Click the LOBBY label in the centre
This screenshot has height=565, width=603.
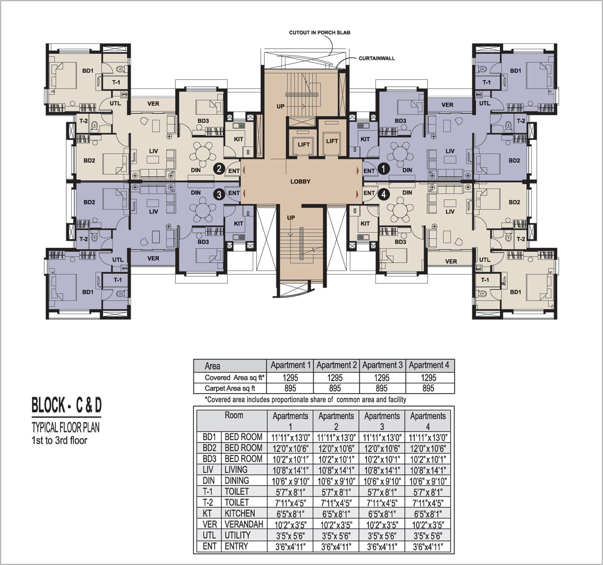[x=300, y=181]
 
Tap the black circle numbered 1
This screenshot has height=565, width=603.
[x=384, y=169]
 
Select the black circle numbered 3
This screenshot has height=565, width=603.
[x=219, y=195]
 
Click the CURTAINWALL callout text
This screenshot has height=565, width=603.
[x=377, y=58]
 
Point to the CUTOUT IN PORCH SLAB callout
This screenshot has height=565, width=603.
[x=320, y=33]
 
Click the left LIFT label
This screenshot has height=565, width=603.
[x=304, y=145]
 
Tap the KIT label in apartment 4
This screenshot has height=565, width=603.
[x=365, y=224]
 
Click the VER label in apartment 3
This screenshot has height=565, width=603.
[x=153, y=258]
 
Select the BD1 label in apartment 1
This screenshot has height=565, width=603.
[x=516, y=71]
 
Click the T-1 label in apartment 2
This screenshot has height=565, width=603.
[x=116, y=82]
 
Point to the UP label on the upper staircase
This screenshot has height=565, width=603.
[x=280, y=107]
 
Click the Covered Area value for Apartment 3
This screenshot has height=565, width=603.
[x=382, y=378]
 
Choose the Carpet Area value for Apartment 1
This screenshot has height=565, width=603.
[x=290, y=388]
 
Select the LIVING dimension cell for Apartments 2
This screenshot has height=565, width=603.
[x=336, y=470]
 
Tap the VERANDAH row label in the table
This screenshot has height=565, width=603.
[x=244, y=524]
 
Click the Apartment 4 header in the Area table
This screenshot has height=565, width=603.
[x=429, y=365]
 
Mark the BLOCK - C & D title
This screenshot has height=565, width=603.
[x=66, y=406]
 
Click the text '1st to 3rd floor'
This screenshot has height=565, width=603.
[x=59, y=440]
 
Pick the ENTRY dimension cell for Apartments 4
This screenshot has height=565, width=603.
[x=428, y=547]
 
